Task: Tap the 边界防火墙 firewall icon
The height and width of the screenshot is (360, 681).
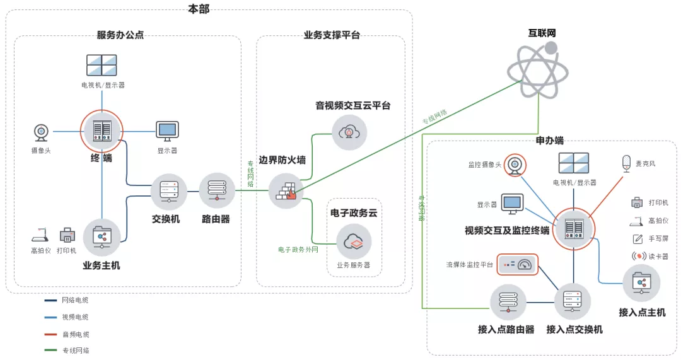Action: (286, 190)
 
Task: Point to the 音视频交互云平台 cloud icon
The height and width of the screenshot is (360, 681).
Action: (349, 132)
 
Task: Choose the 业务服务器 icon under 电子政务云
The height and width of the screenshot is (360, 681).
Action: (353, 241)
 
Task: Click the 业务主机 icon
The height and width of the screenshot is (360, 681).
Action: (102, 236)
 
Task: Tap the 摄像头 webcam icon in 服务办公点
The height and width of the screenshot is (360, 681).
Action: (41, 132)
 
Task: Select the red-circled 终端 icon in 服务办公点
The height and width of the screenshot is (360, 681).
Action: (102, 131)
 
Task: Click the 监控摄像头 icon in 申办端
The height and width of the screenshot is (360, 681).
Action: (515, 165)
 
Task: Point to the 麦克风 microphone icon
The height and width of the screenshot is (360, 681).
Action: (626, 163)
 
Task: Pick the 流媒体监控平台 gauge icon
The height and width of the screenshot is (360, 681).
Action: (517, 265)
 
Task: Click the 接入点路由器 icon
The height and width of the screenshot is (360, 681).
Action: (508, 302)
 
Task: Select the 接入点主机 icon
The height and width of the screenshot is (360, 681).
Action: (641, 283)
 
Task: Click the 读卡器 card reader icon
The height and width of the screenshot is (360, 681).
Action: (639, 257)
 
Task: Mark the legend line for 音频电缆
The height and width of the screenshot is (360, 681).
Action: (50, 334)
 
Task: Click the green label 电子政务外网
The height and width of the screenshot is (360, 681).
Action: (298, 250)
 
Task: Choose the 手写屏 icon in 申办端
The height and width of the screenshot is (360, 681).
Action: (638, 239)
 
